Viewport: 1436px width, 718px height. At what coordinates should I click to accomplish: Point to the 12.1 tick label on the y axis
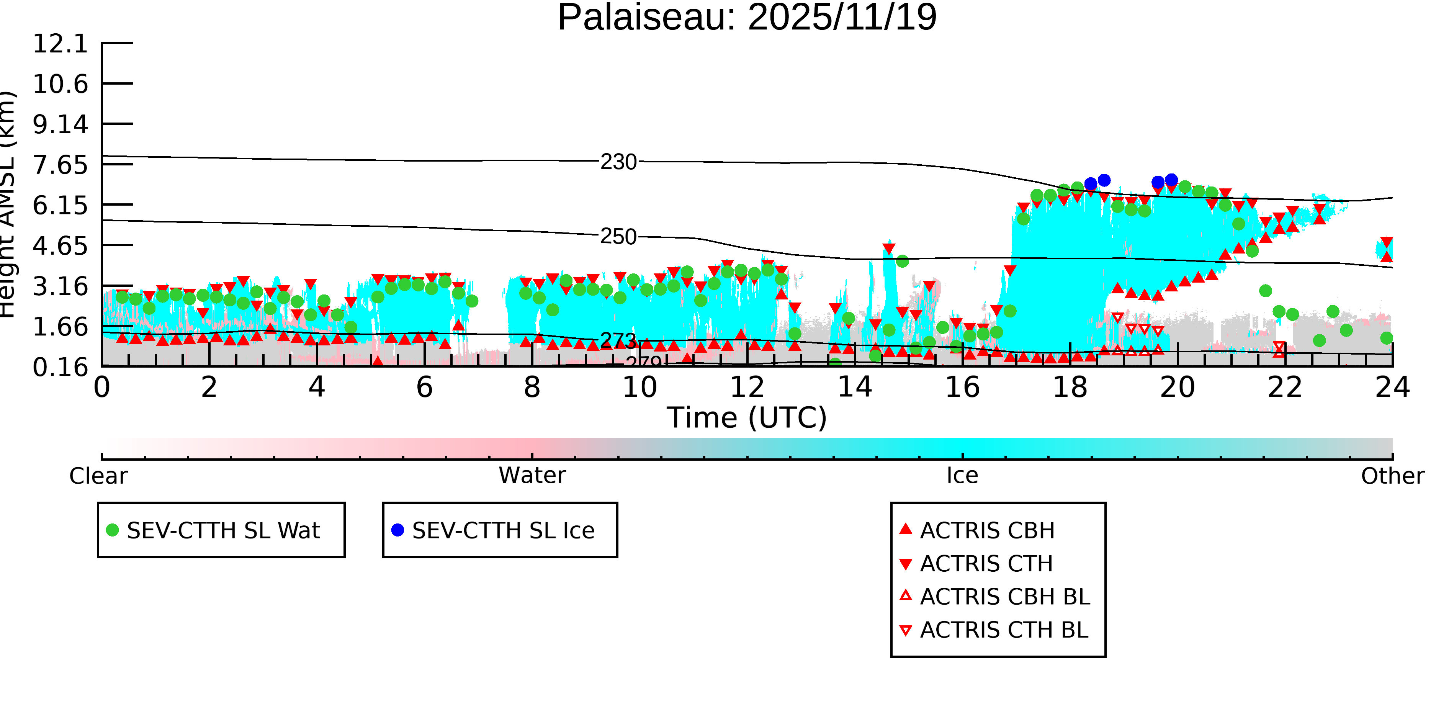click(x=60, y=44)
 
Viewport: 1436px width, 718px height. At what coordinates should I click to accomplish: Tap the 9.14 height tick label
click(x=60, y=124)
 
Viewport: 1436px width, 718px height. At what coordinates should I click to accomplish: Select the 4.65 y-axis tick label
click(x=60, y=245)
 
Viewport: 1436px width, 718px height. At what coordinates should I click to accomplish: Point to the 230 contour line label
click(x=618, y=162)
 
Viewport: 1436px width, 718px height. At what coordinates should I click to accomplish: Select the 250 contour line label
click(x=618, y=237)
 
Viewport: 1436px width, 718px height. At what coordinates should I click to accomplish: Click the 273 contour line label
click(x=618, y=340)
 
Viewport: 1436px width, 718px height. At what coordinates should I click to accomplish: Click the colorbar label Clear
click(x=98, y=476)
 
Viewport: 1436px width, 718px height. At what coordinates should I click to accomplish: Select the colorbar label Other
click(x=1392, y=476)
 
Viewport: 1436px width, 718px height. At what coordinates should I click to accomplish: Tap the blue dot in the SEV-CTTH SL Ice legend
click(x=397, y=530)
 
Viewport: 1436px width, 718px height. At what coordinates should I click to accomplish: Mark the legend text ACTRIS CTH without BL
click(x=986, y=564)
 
